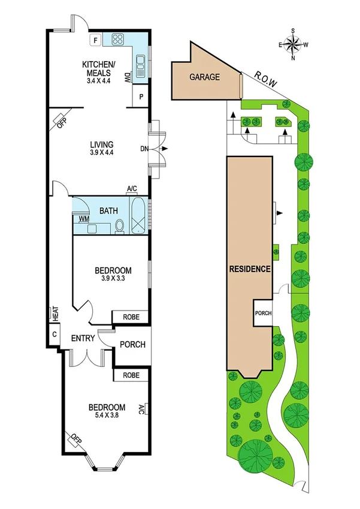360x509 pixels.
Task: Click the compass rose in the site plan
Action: pyautogui.click(x=293, y=44)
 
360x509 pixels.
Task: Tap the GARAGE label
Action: pyautogui.click(x=205, y=77)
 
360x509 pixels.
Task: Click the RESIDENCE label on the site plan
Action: pyautogui.click(x=250, y=269)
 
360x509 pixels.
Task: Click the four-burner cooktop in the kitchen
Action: pyautogui.click(x=116, y=40)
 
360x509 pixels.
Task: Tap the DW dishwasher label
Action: pyautogui.click(x=127, y=77)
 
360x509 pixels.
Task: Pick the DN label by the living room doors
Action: pyautogui.click(x=144, y=148)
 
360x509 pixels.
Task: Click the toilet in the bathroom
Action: pyautogui.click(x=119, y=225)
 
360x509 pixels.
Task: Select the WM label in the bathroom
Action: pyautogui.click(x=83, y=219)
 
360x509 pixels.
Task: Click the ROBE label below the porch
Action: pyautogui.click(x=131, y=375)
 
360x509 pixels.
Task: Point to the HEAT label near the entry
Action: pyautogui.click(x=55, y=313)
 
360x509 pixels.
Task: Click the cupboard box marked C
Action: pyautogui.click(x=55, y=334)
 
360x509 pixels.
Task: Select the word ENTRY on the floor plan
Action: pyautogui.click(x=83, y=339)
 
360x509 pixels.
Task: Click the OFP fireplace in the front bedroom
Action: pyautogui.click(x=75, y=439)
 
